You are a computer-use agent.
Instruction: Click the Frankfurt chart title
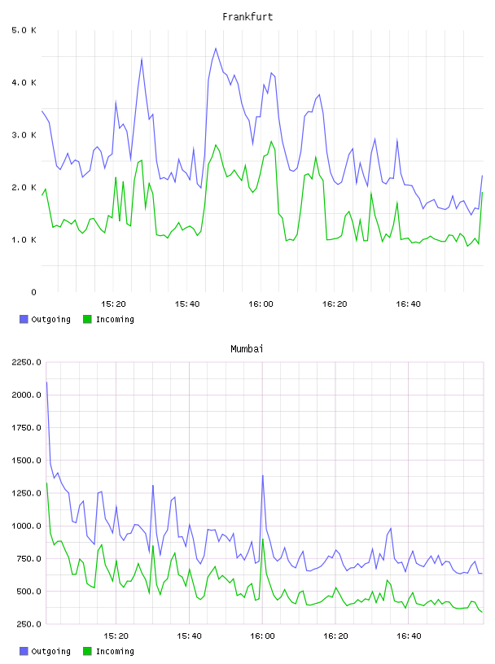[x=247, y=17]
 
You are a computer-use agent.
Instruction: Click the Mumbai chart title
[x=247, y=349]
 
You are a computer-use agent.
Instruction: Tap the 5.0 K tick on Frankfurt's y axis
[x=24, y=30]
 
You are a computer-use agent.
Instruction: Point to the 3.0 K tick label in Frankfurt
[x=24, y=135]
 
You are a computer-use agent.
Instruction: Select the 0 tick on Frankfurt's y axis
[x=34, y=292]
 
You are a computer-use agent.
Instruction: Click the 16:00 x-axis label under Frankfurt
[x=261, y=304]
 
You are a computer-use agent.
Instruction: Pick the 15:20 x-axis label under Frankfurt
[x=113, y=304]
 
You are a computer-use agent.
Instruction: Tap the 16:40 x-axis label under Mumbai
[x=409, y=636]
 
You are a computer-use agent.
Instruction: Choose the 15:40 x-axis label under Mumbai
[x=189, y=636]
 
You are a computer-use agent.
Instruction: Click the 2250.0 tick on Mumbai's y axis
[x=27, y=362]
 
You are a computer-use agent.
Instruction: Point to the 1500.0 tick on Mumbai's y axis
[x=27, y=461]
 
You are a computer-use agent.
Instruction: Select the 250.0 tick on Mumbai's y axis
[x=27, y=624]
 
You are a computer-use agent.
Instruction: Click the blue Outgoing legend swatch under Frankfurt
[x=24, y=319]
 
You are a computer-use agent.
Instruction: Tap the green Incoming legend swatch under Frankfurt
[x=87, y=319]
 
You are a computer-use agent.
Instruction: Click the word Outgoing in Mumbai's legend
[x=50, y=651]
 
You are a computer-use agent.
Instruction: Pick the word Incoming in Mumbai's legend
[x=115, y=651]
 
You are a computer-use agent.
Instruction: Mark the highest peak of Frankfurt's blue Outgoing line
[x=216, y=48]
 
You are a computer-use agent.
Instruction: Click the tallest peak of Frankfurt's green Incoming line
[x=271, y=142]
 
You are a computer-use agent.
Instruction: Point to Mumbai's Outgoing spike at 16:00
[x=263, y=475]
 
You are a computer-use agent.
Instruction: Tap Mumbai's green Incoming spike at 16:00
[x=263, y=539]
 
